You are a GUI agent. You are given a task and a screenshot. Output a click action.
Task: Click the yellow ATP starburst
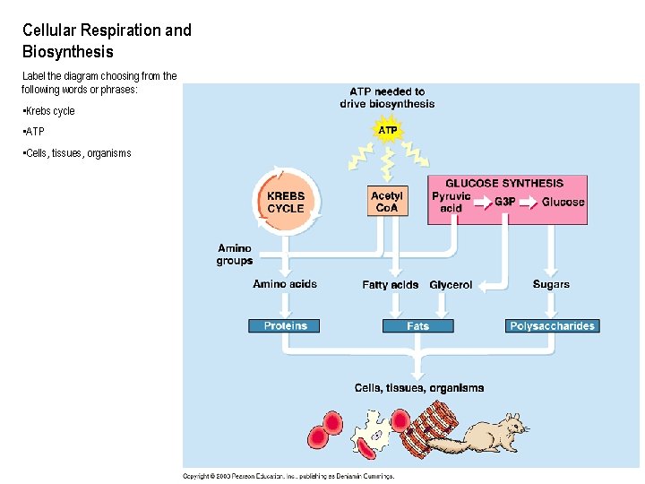[x=387, y=131]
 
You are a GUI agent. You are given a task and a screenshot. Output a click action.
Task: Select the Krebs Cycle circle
[x=286, y=202]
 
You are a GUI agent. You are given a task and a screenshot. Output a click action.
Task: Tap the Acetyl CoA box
[x=387, y=201]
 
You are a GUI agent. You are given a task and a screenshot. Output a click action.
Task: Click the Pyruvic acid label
[x=451, y=202]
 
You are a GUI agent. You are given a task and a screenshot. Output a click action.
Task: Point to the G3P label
[x=505, y=202]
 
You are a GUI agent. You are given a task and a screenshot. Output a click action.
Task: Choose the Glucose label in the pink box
[x=563, y=202]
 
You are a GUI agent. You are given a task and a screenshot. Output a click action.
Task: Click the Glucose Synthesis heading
[x=504, y=183]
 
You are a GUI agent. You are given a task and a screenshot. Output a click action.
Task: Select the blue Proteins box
[x=285, y=326]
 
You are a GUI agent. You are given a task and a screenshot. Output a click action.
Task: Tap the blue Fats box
[x=417, y=326]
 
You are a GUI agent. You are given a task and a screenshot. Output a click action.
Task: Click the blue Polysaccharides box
[x=552, y=326]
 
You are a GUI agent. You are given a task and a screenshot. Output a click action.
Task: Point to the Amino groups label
[x=235, y=255]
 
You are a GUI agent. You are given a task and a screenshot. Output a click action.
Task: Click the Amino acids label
[x=285, y=284]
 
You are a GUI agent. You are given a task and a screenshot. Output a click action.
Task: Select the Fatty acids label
[x=390, y=285]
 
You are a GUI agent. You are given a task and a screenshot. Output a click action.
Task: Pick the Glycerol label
[x=451, y=285]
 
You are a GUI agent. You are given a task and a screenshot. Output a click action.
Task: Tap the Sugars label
[x=551, y=284]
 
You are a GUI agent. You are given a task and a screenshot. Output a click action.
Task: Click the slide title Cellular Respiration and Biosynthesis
[x=107, y=41]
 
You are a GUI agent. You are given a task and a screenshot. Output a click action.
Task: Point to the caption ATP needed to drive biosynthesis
[x=387, y=98]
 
